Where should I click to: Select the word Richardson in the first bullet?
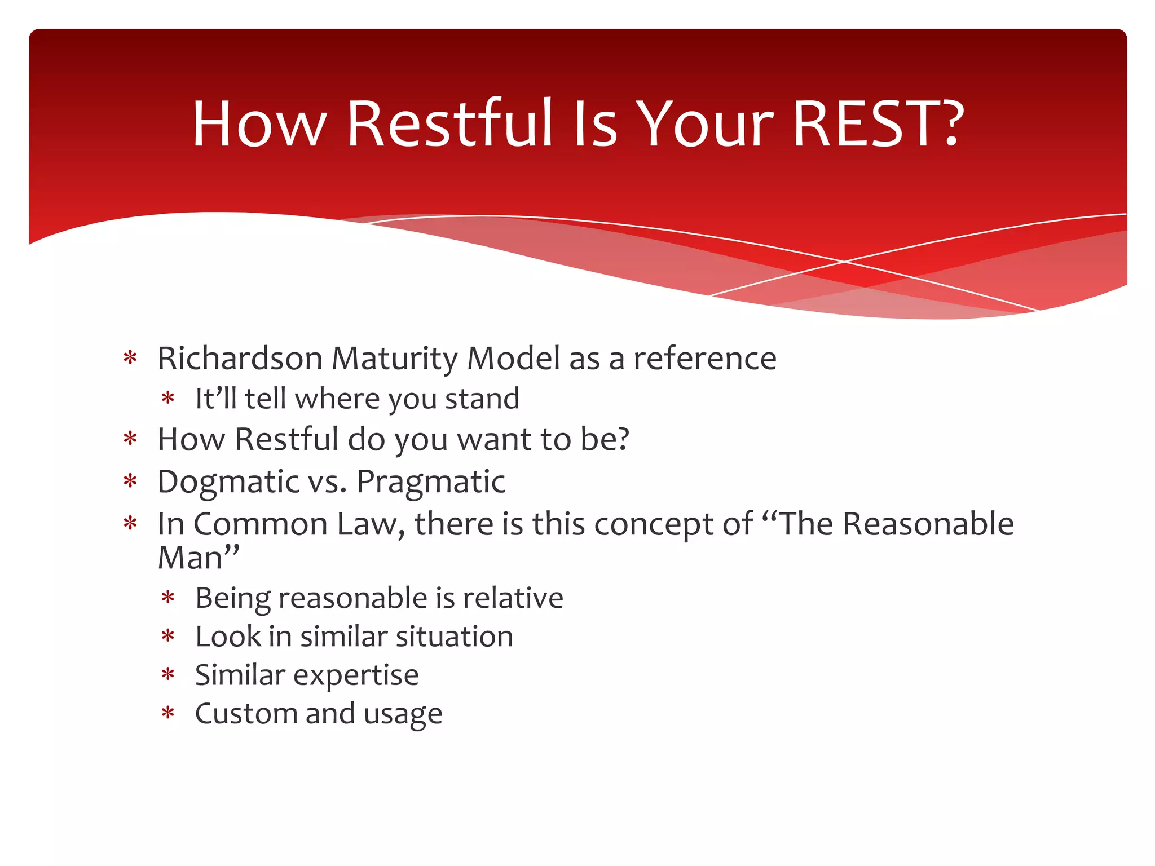coord(240,359)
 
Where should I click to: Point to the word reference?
coord(704,359)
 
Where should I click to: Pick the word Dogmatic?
coord(228,483)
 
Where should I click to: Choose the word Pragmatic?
coord(431,483)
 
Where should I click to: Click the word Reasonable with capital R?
coord(928,524)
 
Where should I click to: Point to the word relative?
coord(513,598)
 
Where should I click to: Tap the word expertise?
coord(355,675)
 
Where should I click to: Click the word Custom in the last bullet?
coord(246,714)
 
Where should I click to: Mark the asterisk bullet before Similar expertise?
coord(167,675)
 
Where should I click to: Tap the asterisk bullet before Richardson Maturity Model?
coord(130,358)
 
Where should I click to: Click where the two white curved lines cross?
coord(844,262)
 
